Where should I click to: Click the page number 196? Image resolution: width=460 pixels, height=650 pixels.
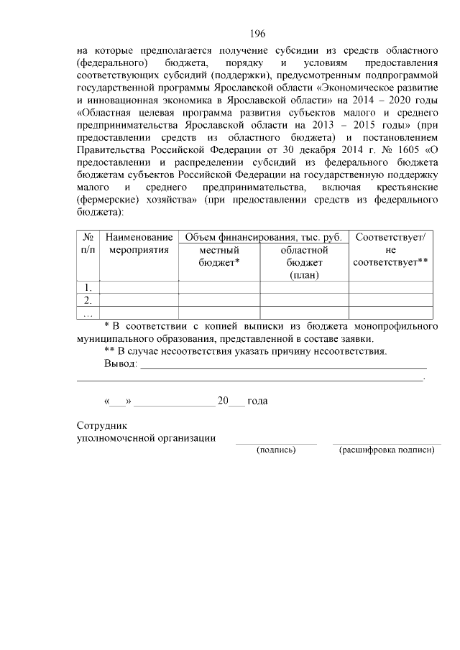point(258,33)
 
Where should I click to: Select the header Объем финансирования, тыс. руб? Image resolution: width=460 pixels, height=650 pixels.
point(263,237)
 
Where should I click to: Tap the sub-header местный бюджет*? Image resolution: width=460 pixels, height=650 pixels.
point(218,256)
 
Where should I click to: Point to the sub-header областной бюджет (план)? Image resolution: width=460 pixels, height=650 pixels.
point(304,262)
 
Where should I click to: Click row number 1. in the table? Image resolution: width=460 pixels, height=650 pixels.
point(87,287)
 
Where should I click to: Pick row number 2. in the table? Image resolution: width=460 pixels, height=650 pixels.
point(87,300)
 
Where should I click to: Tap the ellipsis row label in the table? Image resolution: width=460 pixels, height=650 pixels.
point(87,312)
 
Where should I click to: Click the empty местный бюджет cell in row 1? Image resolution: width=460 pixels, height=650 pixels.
point(218,287)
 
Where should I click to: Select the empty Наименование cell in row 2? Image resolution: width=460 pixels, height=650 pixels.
point(139,300)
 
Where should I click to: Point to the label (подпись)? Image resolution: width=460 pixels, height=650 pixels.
point(276,450)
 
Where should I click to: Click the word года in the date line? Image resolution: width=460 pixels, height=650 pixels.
point(257,401)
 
